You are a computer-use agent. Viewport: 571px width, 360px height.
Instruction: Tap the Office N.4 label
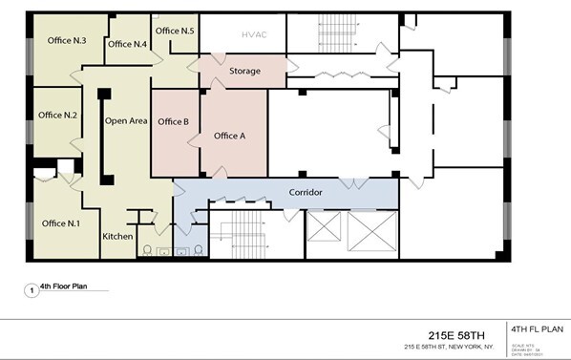tap(127, 44)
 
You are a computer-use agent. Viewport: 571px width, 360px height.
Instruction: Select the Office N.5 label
tap(175, 32)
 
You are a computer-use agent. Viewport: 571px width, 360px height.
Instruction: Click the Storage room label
tap(245, 72)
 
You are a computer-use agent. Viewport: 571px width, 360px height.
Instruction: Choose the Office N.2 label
tap(57, 115)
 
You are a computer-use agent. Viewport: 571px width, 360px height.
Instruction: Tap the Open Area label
tap(126, 121)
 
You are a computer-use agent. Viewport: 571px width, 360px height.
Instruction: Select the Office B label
tap(173, 121)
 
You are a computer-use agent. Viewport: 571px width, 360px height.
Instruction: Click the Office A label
tap(230, 136)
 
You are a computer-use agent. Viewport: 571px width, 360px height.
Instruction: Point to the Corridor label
tap(306, 193)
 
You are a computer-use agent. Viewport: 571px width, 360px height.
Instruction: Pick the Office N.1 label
tap(61, 223)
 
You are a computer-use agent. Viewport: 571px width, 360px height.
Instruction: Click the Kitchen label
tap(117, 236)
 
